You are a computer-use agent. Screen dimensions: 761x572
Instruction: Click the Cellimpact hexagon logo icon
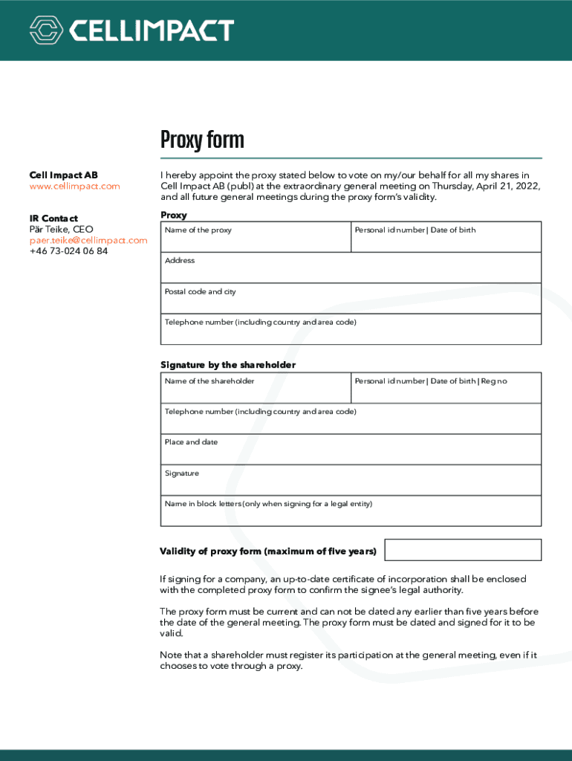click(46, 30)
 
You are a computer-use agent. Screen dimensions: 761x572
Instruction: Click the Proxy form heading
click(202, 140)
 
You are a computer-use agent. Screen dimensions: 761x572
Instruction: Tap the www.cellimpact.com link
click(74, 187)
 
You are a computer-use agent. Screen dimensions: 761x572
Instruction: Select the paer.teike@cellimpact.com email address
click(88, 240)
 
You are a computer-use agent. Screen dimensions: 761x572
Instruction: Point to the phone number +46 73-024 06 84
click(68, 251)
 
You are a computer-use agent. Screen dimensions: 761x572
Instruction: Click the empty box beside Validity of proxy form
click(463, 550)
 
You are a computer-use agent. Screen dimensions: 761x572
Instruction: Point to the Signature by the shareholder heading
click(228, 365)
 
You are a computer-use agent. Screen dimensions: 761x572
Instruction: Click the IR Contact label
click(53, 218)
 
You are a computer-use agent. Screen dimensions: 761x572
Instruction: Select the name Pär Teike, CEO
click(62, 230)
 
